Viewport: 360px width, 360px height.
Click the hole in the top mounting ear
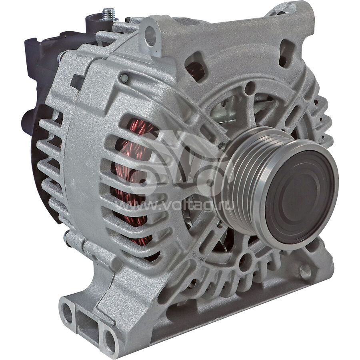coord(150,36)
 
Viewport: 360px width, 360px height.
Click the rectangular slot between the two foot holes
coord(88,324)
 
